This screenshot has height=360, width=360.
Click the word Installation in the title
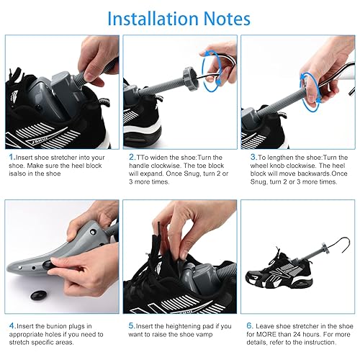152,18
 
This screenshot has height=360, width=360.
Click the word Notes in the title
224,18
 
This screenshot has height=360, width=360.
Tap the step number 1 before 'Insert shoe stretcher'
11,157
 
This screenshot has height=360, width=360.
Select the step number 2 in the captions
131,157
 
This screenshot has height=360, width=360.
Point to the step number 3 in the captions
253,157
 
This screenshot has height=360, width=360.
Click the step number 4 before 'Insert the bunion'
11,327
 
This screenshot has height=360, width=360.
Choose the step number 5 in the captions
131,327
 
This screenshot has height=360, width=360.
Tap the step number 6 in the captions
251,327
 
